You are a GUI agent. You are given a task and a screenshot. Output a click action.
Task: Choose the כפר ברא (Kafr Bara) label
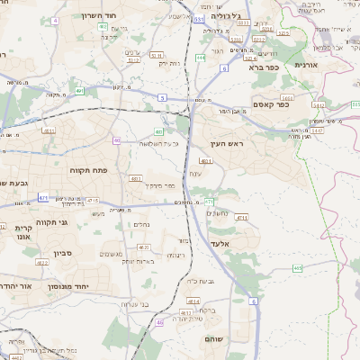(268, 65)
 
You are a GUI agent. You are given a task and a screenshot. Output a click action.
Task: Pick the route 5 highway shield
(160, 94)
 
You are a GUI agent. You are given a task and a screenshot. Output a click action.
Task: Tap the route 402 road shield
(103, 27)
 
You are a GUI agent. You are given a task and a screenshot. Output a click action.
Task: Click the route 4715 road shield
(93, 200)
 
